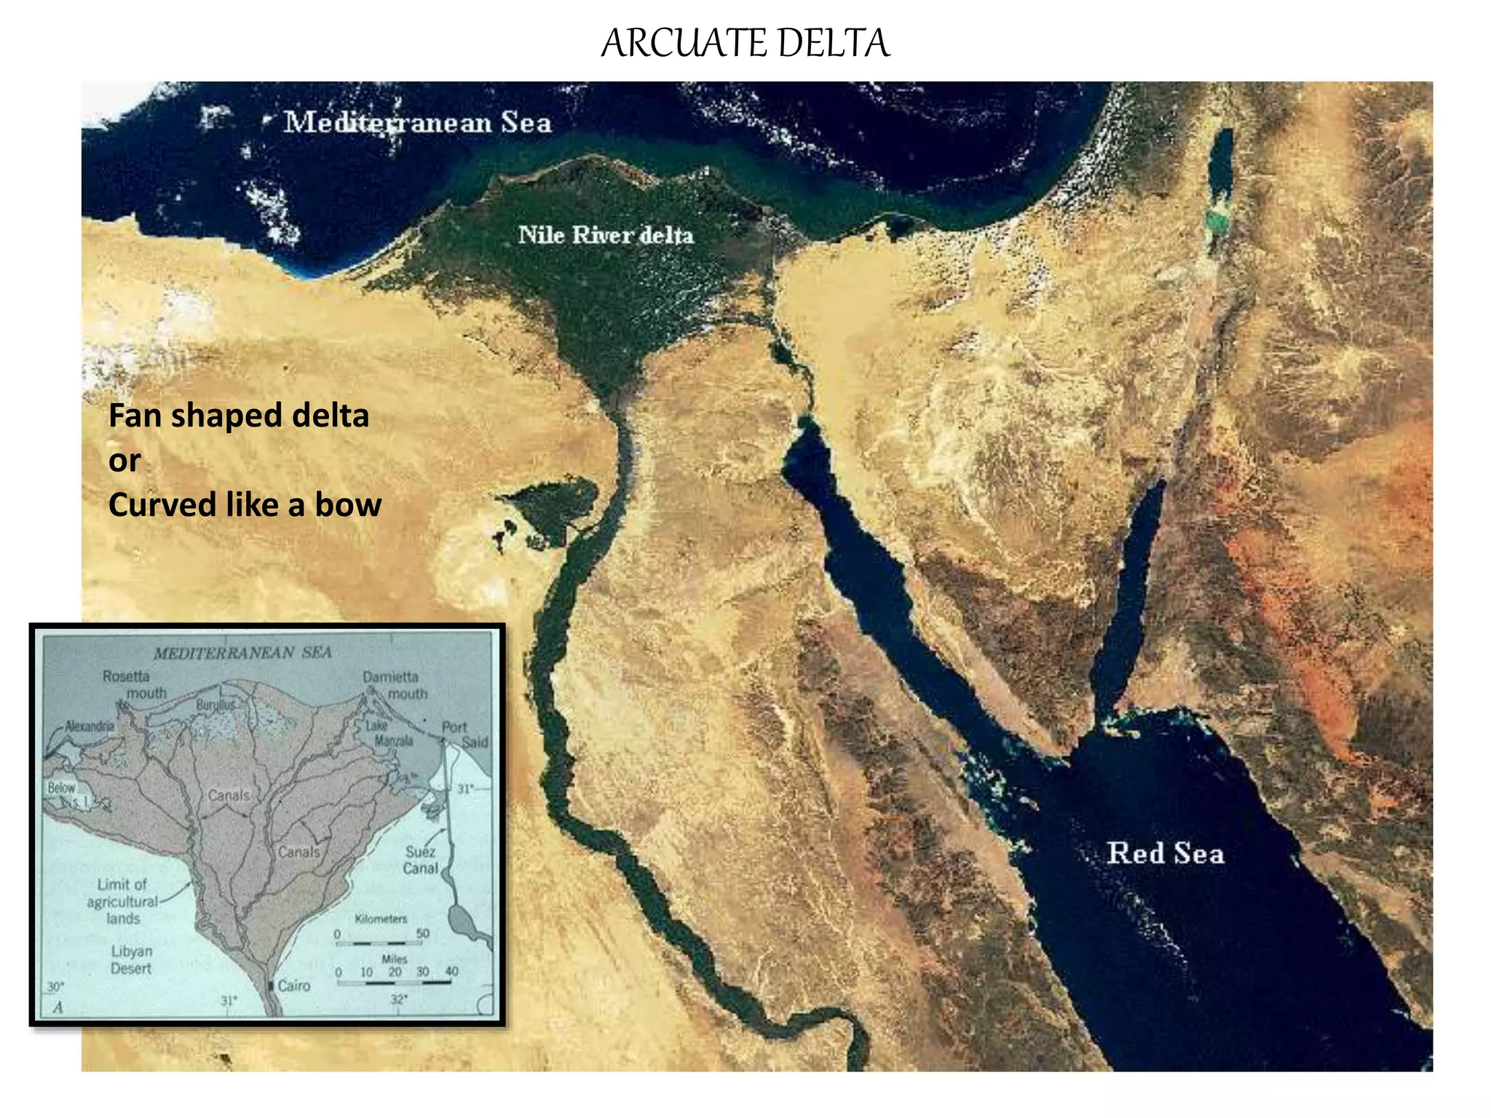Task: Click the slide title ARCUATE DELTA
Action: click(x=745, y=43)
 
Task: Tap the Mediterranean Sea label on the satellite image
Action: click(x=417, y=122)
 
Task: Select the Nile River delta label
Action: click(x=605, y=235)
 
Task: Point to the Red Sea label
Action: click(x=1165, y=853)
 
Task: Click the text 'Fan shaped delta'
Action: click(x=239, y=416)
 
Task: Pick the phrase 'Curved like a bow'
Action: click(x=245, y=505)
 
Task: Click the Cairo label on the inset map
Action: click(x=294, y=986)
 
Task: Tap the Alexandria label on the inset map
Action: click(x=90, y=726)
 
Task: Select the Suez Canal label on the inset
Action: click(x=421, y=860)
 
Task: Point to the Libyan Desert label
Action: click(x=131, y=960)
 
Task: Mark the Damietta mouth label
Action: click(x=394, y=685)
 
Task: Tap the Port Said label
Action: click(x=464, y=734)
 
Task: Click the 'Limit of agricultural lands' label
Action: click(x=122, y=901)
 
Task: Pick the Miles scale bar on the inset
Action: click(x=394, y=982)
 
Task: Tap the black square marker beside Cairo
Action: click(x=271, y=986)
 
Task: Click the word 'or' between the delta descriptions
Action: click(x=124, y=461)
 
